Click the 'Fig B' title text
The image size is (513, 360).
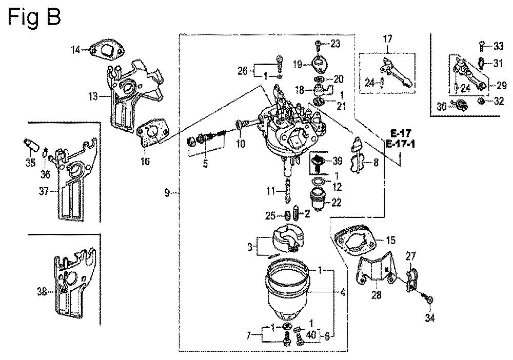tap(34, 17)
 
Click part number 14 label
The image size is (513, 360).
tap(75, 50)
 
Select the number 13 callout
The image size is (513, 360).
tap(93, 96)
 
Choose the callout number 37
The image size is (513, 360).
tap(44, 191)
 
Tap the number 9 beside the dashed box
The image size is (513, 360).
tap(167, 193)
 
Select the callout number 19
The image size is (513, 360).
tap(298, 65)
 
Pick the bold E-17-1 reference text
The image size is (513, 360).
tap(401, 144)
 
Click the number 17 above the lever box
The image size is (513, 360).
tap(387, 39)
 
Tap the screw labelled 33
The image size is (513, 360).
tap(482, 46)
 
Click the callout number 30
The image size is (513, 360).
tap(442, 107)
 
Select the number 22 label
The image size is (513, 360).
tap(337, 203)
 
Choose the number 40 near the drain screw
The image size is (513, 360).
tap(311, 335)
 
